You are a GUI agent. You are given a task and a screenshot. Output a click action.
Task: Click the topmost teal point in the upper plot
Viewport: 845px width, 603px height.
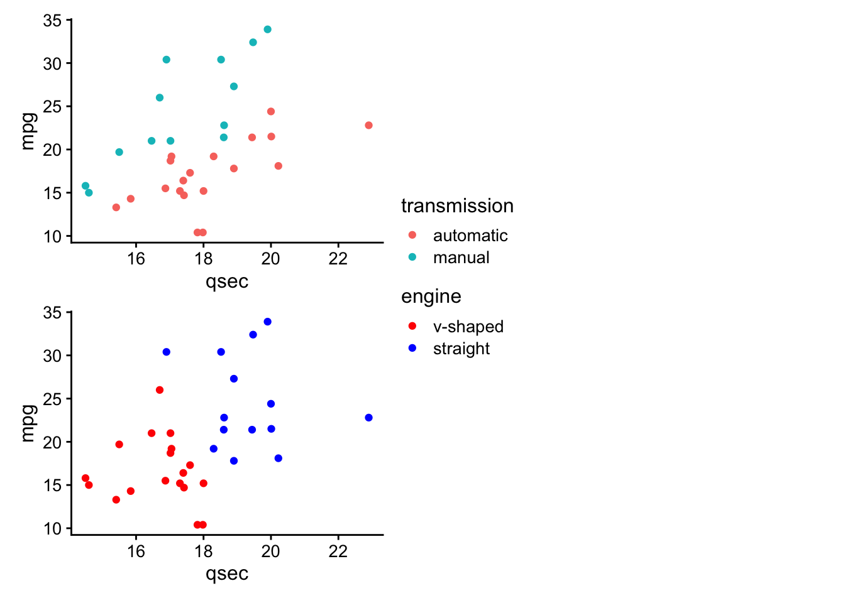point(267,30)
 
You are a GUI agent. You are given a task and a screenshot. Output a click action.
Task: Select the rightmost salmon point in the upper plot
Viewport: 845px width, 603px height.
point(368,125)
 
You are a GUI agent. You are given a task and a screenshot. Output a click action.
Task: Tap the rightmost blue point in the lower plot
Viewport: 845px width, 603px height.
point(368,418)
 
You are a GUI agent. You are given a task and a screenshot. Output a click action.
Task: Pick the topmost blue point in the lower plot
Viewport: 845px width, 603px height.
point(267,322)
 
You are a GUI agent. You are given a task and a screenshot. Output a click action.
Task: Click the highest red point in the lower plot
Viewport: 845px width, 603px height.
point(160,389)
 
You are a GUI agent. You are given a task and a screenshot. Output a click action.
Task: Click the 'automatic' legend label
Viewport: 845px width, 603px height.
point(470,236)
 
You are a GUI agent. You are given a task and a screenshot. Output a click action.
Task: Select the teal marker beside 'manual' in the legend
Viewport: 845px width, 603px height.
point(412,257)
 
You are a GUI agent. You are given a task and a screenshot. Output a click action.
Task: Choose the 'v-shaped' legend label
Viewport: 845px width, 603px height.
point(468,327)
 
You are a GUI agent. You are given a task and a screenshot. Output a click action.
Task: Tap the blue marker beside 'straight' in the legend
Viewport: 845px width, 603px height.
point(412,348)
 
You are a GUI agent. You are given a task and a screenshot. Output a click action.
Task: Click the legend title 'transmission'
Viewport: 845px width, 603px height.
point(457,206)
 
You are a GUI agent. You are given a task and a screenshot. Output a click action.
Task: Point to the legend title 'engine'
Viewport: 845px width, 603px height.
point(431,297)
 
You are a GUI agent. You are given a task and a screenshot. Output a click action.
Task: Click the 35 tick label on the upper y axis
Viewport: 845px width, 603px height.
point(52,20)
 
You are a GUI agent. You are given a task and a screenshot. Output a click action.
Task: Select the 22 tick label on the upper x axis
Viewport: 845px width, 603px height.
point(338,259)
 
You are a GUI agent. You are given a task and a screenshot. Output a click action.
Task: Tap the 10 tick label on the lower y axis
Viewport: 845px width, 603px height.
point(52,529)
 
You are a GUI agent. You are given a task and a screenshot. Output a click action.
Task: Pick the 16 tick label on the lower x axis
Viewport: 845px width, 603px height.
point(136,551)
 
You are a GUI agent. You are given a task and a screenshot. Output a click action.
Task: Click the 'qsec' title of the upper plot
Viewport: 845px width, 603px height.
point(227,282)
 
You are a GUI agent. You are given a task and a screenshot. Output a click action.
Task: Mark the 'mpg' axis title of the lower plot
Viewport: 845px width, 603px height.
point(29,423)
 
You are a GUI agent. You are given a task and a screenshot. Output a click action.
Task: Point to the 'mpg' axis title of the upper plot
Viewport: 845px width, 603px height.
point(29,131)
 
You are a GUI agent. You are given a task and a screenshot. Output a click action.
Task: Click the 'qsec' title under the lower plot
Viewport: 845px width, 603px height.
point(227,574)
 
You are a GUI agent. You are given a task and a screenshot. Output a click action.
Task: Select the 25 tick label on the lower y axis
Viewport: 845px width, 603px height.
point(52,399)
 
